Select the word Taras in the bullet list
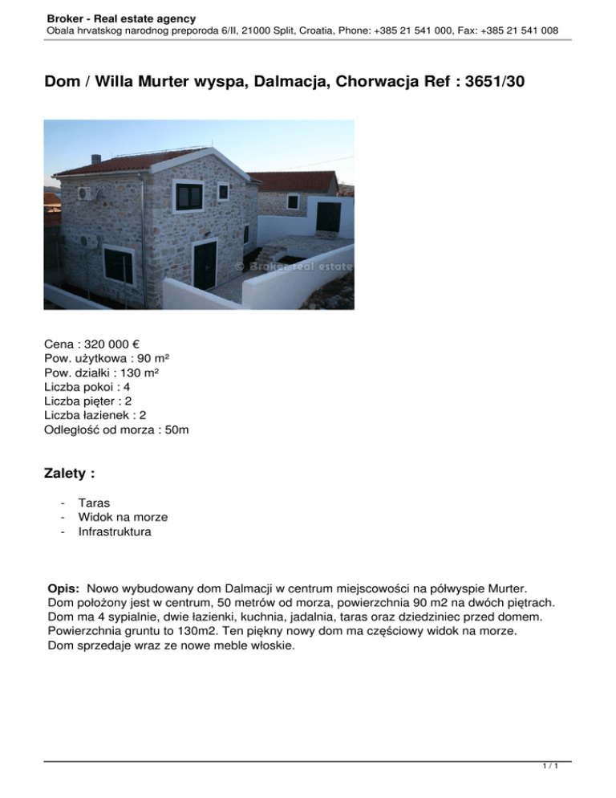click(x=94, y=503)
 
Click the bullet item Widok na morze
click(x=123, y=517)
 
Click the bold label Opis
click(x=67, y=588)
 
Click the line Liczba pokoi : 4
click(x=87, y=387)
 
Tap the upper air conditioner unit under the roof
click(x=85, y=194)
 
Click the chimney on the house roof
click(x=95, y=158)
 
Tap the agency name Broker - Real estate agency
click(x=121, y=18)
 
